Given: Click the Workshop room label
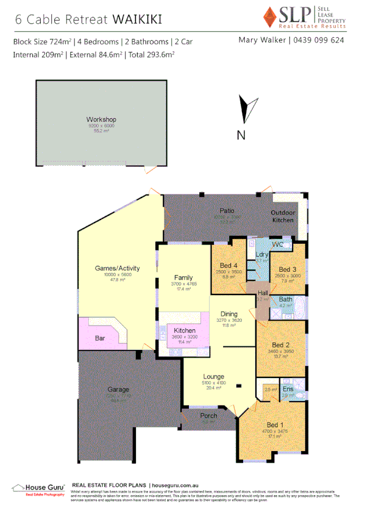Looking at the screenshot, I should coord(101,119).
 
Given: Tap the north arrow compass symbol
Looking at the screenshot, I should coord(244,110).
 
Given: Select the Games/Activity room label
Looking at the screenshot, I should coord(118,268).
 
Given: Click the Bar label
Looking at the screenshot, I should coord(101,337).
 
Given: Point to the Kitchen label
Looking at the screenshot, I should coord(185,330).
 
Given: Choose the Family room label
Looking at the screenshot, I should coord(183,277).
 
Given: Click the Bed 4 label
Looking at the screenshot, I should coord(229,265).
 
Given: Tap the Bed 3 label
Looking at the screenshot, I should coord(288,269).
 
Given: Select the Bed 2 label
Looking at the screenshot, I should coord(281,344).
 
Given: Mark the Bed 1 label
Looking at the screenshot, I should coord(275,425).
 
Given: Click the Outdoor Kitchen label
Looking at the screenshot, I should coord(282,216).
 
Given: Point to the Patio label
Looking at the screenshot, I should coord(227,210).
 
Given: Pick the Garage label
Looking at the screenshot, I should coord(118,389).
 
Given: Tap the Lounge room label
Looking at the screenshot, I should coord(213,377).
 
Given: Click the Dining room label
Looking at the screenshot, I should coord(229,313).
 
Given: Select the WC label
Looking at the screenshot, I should coord(278,244).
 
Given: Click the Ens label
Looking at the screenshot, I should coord(288,388).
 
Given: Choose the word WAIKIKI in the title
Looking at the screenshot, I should coord(137,19).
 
